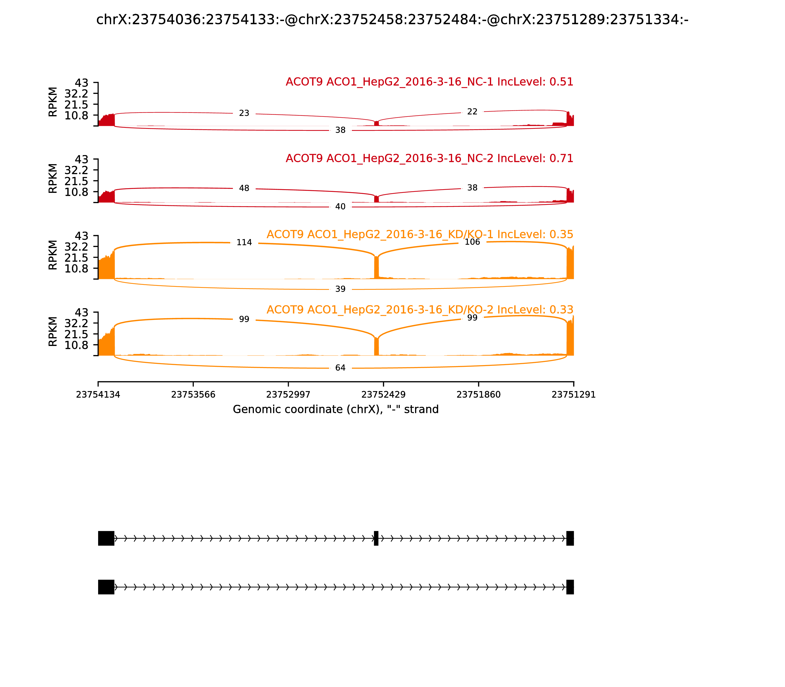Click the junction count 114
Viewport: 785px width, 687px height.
point(244,242)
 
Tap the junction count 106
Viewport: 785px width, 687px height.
point(472,242)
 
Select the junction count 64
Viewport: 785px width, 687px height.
point(340,368)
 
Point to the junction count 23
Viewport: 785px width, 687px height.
point(244,113)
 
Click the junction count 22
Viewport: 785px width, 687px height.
point(472,112)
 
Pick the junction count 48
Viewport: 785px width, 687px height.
point(244,188)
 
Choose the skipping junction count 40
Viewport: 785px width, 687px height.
point(340,207)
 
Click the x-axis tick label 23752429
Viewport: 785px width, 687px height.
point(383,395)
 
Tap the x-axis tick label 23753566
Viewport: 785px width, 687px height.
point(193,395)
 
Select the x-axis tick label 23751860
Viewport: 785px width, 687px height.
point(478,395)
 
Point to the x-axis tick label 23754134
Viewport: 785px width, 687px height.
point(98,395)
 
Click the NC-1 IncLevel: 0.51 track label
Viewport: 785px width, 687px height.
point(429,82)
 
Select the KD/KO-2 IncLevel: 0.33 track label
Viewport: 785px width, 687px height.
point(420,310)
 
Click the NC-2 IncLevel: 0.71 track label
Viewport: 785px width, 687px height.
point(429,158)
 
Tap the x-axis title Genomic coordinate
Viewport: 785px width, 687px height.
point(336,410)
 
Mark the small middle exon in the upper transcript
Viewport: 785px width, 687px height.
point(376,538)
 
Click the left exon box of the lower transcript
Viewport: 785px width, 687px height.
point(106,587)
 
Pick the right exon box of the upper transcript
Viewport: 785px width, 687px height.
point(570,538)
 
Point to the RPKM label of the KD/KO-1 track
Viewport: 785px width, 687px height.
point(53,255)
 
